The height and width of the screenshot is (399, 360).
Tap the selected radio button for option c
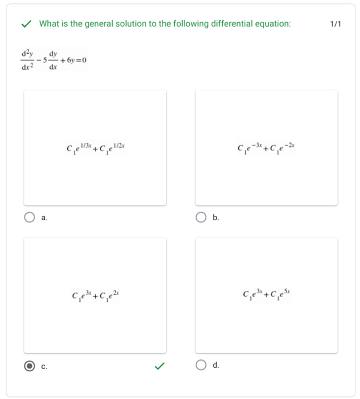click(29, 366)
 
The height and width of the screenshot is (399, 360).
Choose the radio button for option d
click(200, 365)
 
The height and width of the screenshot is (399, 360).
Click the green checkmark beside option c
click(160, 366)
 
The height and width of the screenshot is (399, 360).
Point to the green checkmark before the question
click(26, 24)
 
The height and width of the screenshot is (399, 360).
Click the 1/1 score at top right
click(335, 24)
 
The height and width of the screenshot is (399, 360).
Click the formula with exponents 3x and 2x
click(96, 295)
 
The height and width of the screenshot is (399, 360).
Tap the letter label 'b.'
click(216, 218)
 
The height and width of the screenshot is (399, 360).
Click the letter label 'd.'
click(216, 365)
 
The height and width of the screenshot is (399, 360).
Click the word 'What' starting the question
click(49, 24)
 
